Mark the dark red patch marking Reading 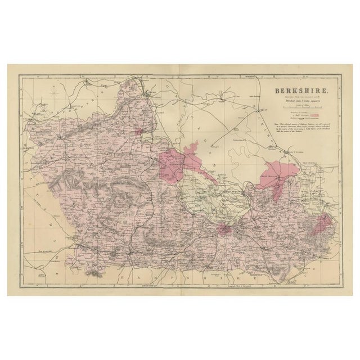point(226,229)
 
